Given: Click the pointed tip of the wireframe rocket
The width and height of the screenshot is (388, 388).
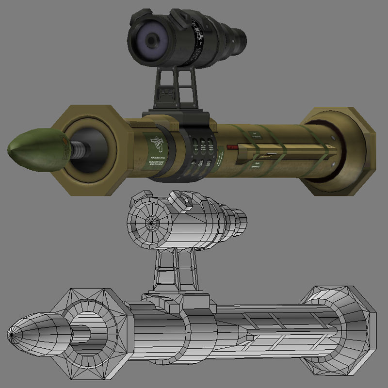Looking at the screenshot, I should pyautogui.click(x=11, y=335).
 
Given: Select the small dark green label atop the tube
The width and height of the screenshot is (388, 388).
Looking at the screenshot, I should pyautogui.click(x=253, y=133).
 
